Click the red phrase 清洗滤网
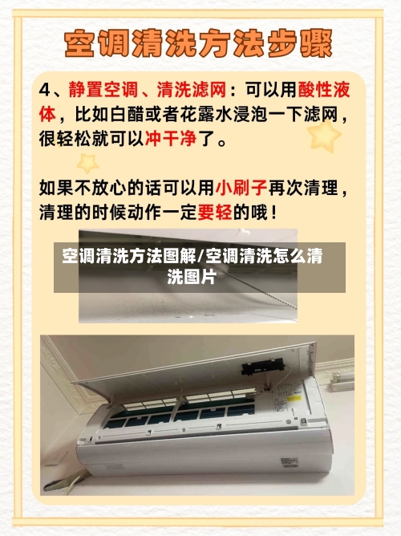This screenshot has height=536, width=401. coord(192,87)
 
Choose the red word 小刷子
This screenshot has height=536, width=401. coord(241,189)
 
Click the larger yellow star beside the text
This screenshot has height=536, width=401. coord(325,136)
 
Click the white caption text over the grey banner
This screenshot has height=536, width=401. coord(192,267)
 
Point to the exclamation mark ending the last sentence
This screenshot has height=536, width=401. coord(276,213)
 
